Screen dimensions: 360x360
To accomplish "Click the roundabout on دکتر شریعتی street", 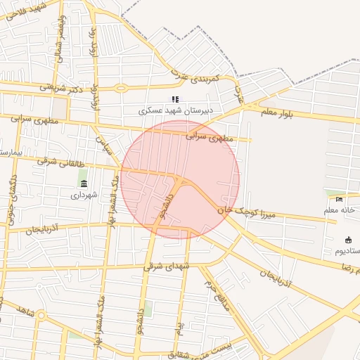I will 121,89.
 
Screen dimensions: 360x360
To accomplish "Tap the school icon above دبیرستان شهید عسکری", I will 175,100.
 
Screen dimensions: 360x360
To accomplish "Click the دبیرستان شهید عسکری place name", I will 174,111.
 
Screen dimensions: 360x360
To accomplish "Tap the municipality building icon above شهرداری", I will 84,184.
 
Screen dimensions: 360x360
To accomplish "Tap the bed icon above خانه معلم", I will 340,199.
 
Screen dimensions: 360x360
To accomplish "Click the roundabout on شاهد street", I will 41,316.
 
